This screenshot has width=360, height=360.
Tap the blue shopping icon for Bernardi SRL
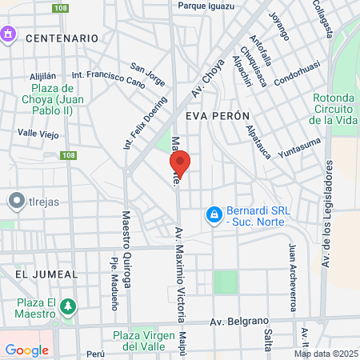214,214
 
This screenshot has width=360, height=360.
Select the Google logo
26,350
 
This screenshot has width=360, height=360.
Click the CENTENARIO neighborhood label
62,38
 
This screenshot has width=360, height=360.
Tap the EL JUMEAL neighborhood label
46,274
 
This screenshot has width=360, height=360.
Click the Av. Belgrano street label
237,322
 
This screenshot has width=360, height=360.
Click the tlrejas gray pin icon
14,202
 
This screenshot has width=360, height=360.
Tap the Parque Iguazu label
206,6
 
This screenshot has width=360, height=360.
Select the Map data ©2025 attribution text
325,354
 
